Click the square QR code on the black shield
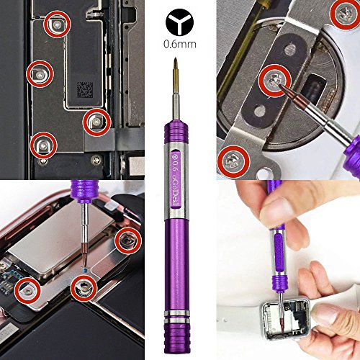click(85, 91)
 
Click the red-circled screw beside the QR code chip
click(95, 122)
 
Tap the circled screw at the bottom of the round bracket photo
click(233, 153)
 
